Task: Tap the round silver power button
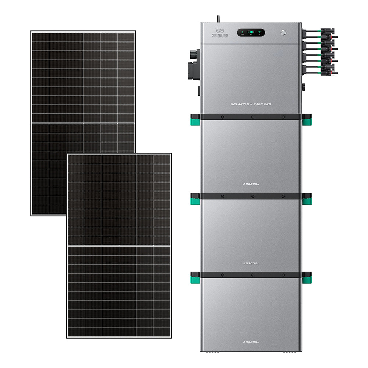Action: coord(283,32)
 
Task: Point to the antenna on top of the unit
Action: coord(217,19)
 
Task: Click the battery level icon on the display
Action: coord(251,32)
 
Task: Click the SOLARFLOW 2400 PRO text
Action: coord(251,104)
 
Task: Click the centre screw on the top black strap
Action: coord(252,117)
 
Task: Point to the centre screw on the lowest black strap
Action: coord(252,275)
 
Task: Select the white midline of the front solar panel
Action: coord(118,245)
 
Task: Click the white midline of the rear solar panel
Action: coord(83,123)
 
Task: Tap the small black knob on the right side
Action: coord(303,87)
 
